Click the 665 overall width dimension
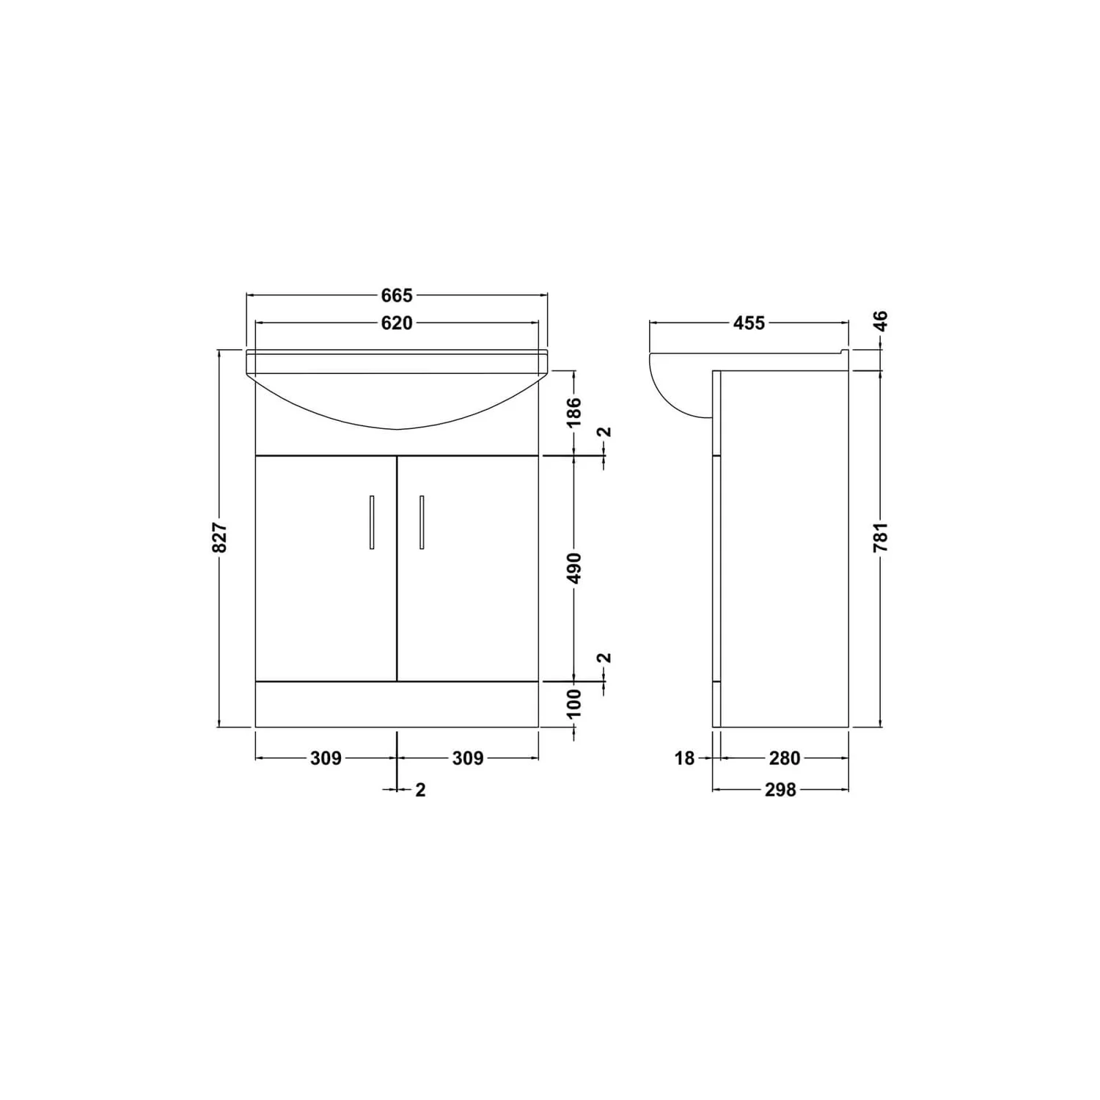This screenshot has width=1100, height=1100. pyautogui.click(x=397, y=296)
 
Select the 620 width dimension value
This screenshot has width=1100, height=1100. pyautogui.click(x=397, y=323)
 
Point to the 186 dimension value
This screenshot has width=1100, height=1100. pyautogui.click(x=574, y=411)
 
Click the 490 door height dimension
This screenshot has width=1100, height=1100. pyautogui.click(x=574, y=568)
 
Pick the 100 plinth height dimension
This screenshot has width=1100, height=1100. pyautogui.click(x=574, y=703)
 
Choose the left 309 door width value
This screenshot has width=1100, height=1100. pyautogui.click(x=326, y=758)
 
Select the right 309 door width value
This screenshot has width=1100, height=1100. pyautogui.click(x=468, y=758)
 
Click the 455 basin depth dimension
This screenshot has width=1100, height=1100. pyautogui.click(x=749, y=323)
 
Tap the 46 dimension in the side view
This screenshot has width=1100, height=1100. pyautogui.click(x=881, y=321)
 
